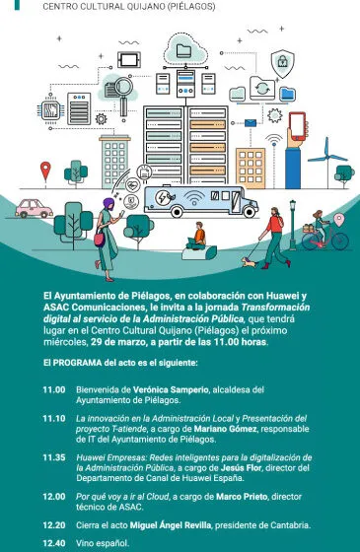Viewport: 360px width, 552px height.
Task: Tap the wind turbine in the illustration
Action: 321,158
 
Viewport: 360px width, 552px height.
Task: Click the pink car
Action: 35,209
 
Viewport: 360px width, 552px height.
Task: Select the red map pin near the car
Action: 44,171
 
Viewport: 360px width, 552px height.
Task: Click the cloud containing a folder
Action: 184,47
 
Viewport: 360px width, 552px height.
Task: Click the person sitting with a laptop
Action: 199,239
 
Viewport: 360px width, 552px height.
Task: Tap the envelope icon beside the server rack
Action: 252,123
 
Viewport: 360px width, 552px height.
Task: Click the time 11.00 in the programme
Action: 54,389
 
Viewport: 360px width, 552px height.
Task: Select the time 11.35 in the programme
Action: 54,457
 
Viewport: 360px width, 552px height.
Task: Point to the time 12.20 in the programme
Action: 54,525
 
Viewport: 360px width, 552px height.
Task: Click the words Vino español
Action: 103,543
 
